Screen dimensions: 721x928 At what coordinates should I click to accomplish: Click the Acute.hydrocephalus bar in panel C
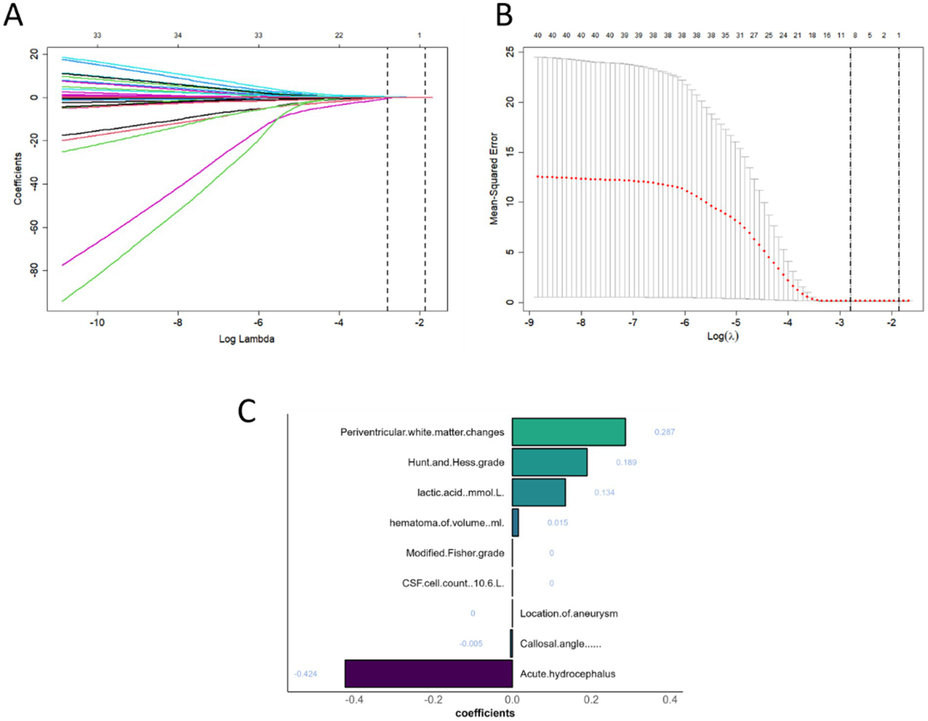pyautogui.click(x=428, y=673)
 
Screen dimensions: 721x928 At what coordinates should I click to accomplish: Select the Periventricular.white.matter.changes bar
pyautogui.click(x=568, y=432)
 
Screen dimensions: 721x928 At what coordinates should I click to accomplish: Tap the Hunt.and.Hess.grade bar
pyautogui.click(x=549, y=462)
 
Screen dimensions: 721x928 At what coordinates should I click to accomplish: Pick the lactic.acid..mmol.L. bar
pyautogui.click(x=538, y=492)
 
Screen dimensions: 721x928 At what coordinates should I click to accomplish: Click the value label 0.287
pyautogui.click(x=664, y=432)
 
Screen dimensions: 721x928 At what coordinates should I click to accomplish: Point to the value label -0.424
pyautogui.click(x=305, y=673)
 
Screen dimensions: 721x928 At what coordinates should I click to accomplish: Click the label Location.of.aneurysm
pyautogui.click(x=568, y=613)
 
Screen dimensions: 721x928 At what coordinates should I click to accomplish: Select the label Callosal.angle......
pyautogui.click(x=560, y=644)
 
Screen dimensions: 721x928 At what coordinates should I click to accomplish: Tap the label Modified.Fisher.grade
pyautogui.click(x=455, y=553)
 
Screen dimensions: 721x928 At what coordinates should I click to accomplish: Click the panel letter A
pyautogui.click(x=13, y=15)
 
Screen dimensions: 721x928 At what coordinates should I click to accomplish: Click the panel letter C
pyautogui.click(x=247, y=411)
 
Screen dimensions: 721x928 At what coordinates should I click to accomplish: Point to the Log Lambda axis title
pyautogui.click(x=246, y=339)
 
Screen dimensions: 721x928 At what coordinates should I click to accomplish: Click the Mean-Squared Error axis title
pyautogui.click(x=494, y=178)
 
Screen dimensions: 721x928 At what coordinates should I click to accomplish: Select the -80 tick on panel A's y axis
pyautogui.click(x=34, y=270)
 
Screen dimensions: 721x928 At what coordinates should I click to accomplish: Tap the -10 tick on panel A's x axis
pyautogui.click(x=97, y=322)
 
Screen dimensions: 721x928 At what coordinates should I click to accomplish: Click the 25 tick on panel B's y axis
pyautogui.click(x=510, y=53)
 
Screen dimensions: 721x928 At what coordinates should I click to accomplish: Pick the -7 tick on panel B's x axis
pyautogui.click(x=632, y=323)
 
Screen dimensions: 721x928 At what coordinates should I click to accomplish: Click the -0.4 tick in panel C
pyautogui.click(x=354, y=700)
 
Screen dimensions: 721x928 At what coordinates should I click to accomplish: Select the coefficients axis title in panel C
pyautogui.click(x=485, y=713)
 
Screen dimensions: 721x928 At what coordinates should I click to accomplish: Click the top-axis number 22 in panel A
pyautogui.click(x=339, y=35)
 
